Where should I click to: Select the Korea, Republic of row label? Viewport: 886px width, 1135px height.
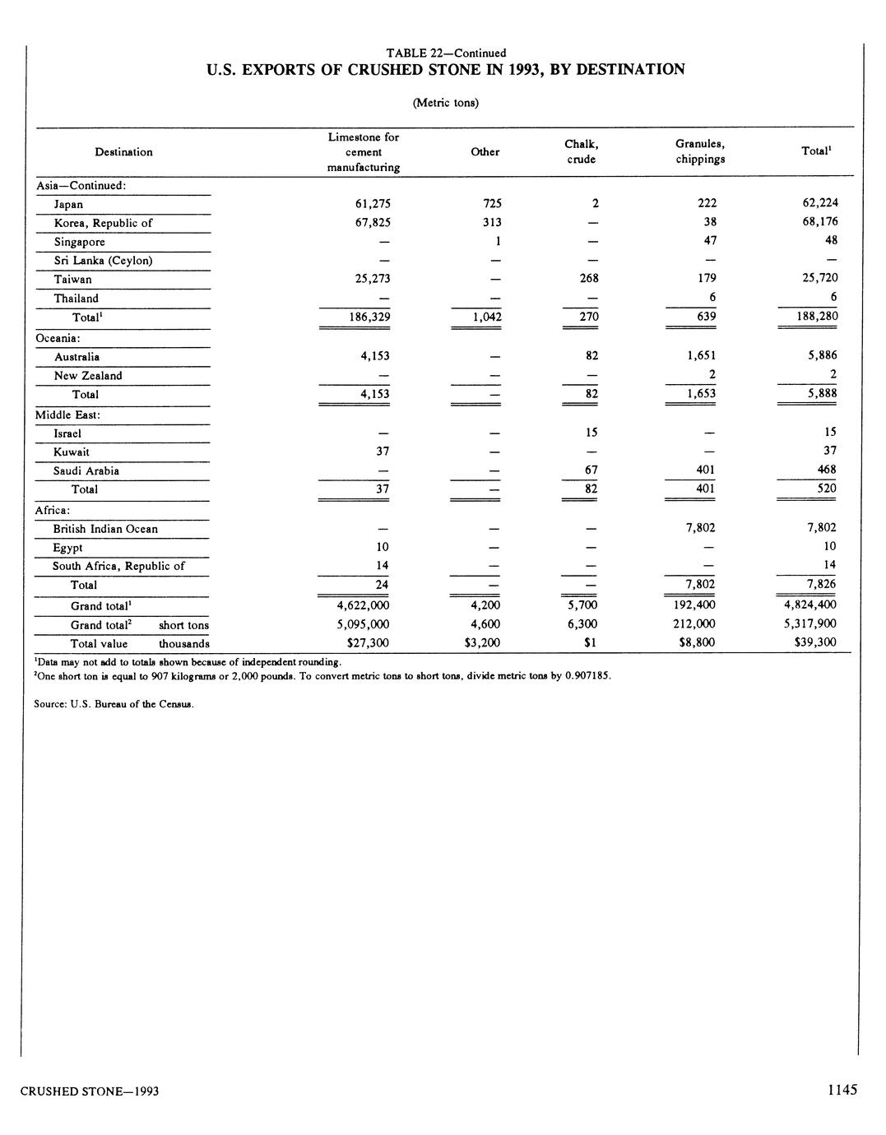103,223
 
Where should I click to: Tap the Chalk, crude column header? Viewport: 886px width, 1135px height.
581,152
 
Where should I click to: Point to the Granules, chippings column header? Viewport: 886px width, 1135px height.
700,152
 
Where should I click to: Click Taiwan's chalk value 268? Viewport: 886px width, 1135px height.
588,279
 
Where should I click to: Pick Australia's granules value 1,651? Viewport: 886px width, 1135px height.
701,356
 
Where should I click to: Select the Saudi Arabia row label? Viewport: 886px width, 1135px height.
86,471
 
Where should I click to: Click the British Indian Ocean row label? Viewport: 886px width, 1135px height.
105,529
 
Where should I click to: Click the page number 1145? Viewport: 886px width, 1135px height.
842,1090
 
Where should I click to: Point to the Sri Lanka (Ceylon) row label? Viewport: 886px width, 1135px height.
103,261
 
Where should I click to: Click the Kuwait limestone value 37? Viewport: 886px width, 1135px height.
382,452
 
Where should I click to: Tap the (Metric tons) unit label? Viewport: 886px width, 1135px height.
445,103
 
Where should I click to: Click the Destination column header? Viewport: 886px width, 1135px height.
123,152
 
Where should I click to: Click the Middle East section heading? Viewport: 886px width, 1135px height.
67,415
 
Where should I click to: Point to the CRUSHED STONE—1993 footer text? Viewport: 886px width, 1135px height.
90,1091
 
